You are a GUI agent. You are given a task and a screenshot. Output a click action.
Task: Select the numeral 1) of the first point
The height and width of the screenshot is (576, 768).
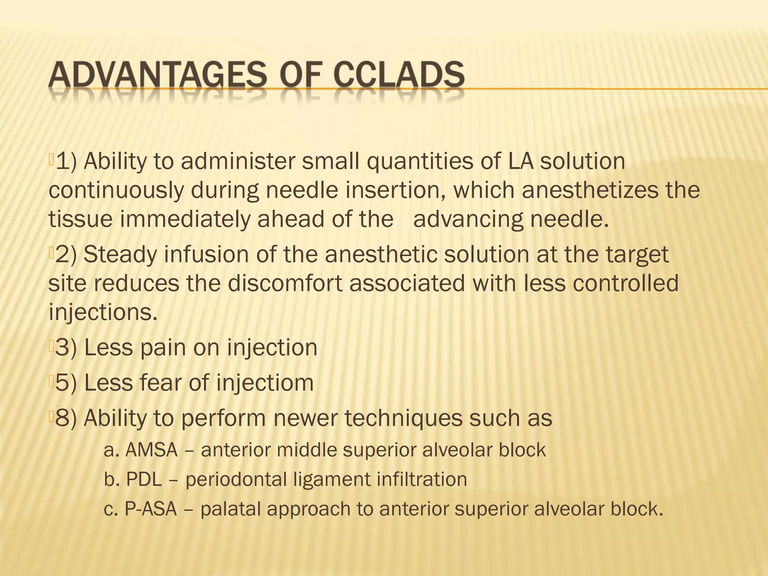(x=66, y=161)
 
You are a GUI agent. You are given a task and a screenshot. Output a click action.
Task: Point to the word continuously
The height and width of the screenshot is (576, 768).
(x=116, y=190)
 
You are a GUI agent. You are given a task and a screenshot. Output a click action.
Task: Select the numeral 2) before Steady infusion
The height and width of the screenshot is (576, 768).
(x=66, y=255)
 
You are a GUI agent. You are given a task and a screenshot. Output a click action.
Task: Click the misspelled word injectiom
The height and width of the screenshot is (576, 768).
(x=265, y=384)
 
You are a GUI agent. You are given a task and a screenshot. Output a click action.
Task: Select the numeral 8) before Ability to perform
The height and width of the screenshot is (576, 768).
(x=66, y=418)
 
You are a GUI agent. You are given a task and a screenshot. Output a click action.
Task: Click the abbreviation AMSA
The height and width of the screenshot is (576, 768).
(x=151, y=450)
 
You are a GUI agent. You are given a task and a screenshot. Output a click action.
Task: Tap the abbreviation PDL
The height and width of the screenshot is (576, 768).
(x=144, y=480)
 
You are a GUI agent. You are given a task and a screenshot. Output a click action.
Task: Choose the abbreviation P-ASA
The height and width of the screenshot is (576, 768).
(x=151, y=509)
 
